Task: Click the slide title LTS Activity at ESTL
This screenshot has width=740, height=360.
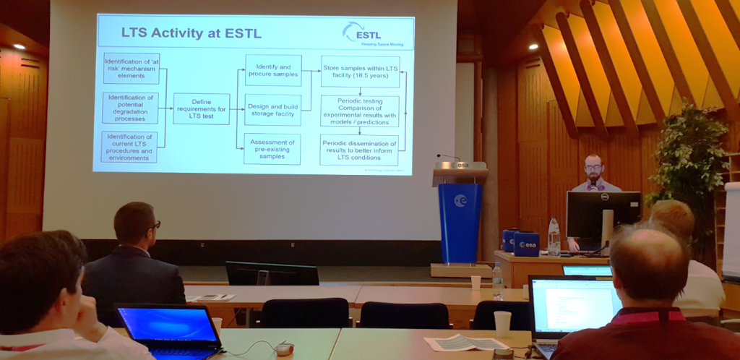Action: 191,33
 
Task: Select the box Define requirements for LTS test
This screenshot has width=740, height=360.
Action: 201,108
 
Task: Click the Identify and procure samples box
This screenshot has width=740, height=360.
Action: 272,70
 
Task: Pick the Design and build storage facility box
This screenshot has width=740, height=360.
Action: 272,109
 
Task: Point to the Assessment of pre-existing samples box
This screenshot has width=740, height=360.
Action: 272,148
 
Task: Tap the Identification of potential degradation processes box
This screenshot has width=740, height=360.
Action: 130,107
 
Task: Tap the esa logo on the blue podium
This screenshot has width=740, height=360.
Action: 460,200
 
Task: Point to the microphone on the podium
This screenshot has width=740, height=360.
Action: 447,157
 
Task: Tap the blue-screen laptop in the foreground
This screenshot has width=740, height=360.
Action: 168,327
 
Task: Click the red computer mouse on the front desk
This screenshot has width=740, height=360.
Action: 284,349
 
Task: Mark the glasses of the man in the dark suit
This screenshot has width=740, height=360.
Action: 154,226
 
